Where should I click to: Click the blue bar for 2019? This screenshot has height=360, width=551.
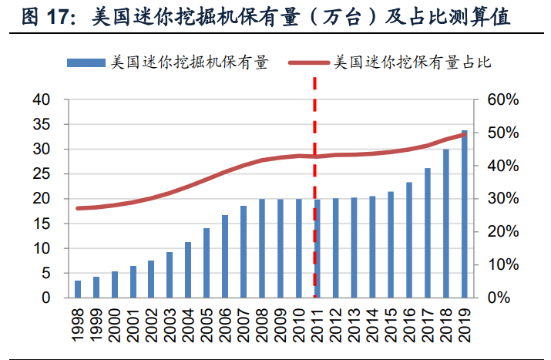(x=464, y=214)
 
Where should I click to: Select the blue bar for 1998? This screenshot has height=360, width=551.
(x=78, y=289)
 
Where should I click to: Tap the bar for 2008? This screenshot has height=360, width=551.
(x=262, y=248)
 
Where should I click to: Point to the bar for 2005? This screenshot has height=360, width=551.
(x=207, y=263)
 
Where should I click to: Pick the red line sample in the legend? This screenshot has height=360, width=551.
(x=310, y=63)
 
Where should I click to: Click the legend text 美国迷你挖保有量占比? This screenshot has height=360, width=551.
(x=412, y=63)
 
